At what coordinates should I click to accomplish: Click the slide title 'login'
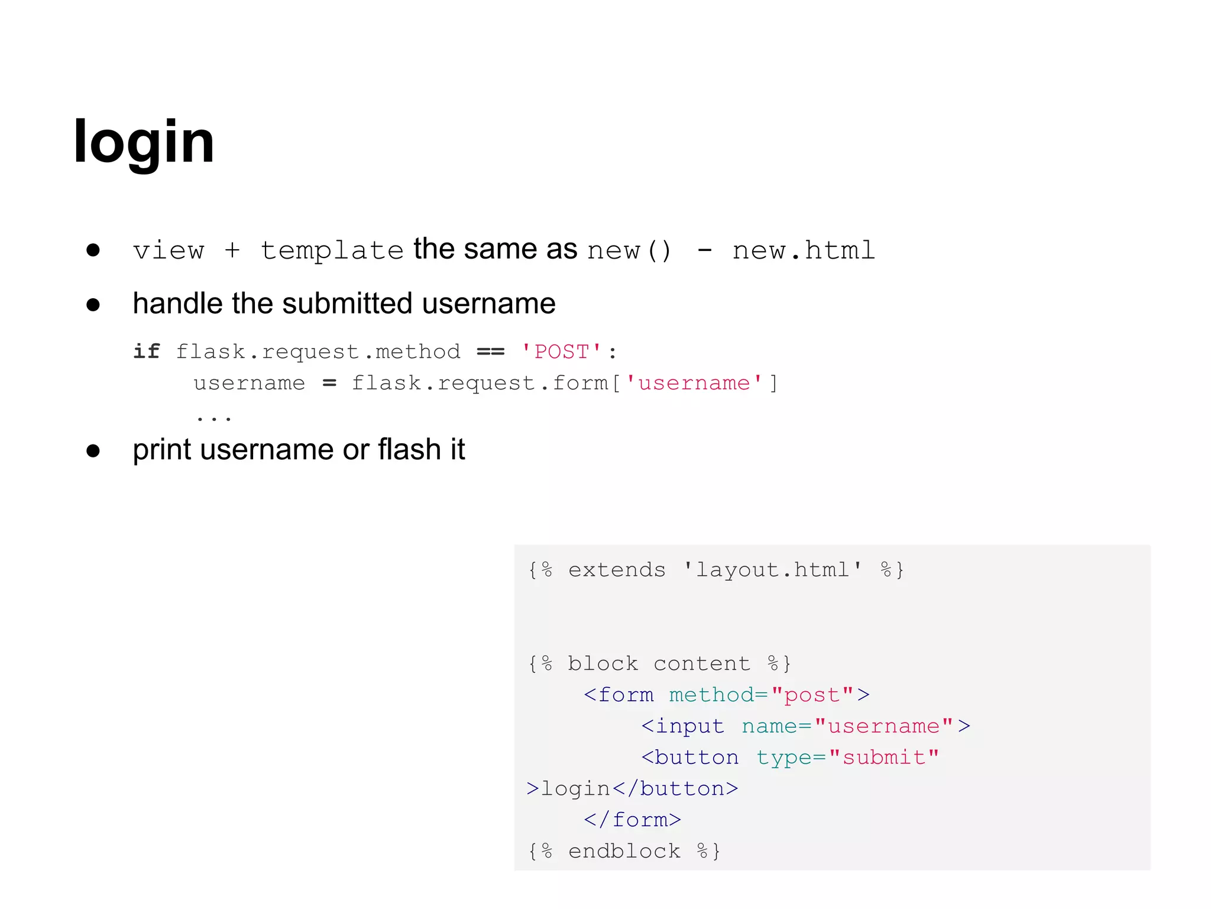[x=144, y=142]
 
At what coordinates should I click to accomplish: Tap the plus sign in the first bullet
[x=232, y=250]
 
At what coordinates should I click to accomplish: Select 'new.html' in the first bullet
[x=804, y=250]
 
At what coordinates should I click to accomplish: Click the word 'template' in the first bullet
[x=332, y=250]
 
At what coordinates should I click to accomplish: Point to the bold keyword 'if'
[x=147, y=352]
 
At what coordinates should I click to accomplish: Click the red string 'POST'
[x=562, y=352]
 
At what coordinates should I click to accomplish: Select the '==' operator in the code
[x=491, y=352]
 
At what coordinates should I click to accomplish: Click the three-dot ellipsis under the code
[x=214, y=418]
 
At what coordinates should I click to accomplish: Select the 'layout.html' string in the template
[x=772, y=569]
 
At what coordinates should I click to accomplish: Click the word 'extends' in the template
[x=617, y=569]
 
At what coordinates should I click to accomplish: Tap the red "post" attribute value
[x=813, y=695]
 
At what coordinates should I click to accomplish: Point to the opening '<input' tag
[x=683, y=726]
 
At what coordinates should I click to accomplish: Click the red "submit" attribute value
[x=884, y=757]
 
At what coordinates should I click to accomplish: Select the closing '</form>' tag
[x=633, y=820]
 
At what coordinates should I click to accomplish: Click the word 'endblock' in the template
[x=624, y=851]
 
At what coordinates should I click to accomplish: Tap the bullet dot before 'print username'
[x=93, y=451]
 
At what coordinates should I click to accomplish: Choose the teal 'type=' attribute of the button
[x=791, y=757]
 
